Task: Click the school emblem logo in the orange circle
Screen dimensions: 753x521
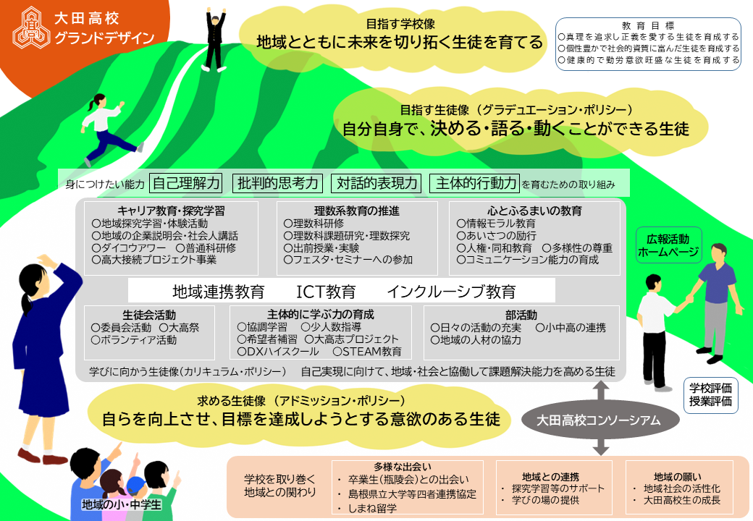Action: click(x=30, y=27)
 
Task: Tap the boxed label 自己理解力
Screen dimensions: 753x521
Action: click(x=186, y=183)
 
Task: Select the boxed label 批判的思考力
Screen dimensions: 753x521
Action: click(x=277, y=183)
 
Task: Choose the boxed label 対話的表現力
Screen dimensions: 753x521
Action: click(x=376, y=183)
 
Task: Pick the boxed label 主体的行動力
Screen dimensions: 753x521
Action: click(x=475, y=183)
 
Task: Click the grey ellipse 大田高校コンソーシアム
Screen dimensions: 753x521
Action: click(x=600, y=420)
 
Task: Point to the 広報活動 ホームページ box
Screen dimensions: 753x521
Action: click(x=668, y=245)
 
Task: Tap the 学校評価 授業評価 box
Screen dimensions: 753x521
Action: click(x=710, y=395)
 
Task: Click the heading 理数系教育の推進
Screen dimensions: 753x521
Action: click(x=356, y=211)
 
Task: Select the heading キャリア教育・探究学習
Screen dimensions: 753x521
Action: click(x=171, y=211)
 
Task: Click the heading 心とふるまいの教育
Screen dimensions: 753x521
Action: click(x=534, y=211)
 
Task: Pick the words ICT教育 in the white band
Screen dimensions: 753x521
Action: click(x=326, y=291)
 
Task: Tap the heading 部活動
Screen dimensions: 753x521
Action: click(x=521, y=315)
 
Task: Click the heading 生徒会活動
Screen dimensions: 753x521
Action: click(x=149, y=315)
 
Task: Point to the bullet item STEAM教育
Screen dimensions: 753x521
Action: click(x=367, y=352)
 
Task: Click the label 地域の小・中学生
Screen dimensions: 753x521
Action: click(x=122, y=504)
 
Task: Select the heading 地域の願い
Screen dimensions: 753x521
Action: click(x=678, y=476)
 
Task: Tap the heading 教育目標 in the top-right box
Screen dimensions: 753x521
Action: click(x=648, y=26)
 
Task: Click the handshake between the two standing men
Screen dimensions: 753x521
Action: click(x=689, y=299)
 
